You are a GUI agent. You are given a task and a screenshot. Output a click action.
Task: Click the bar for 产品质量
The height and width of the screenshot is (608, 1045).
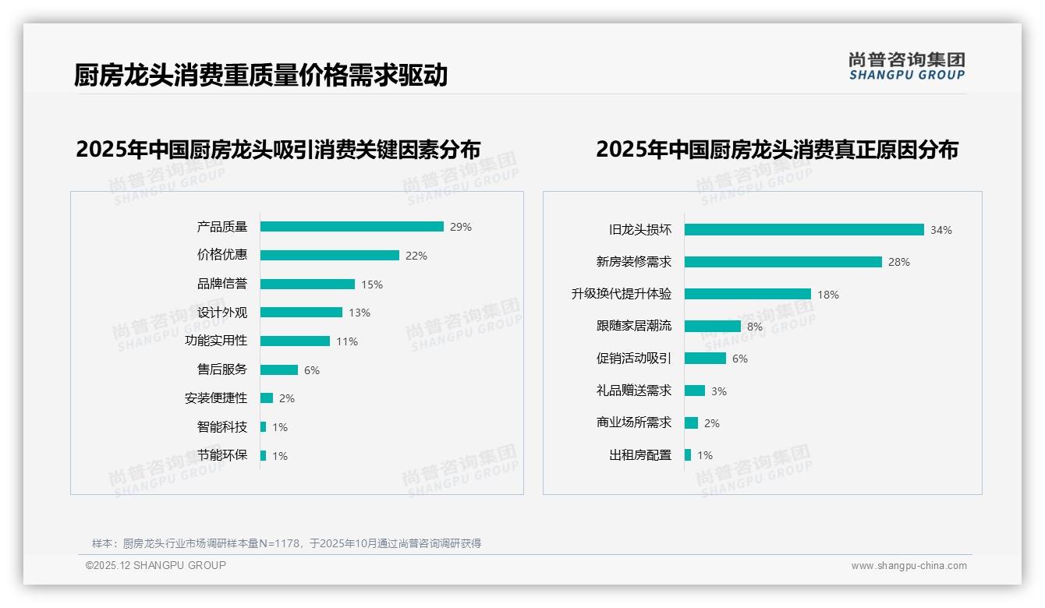tap(352, 227)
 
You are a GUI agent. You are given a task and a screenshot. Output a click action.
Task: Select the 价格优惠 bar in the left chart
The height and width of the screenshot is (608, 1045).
tap(329, 256)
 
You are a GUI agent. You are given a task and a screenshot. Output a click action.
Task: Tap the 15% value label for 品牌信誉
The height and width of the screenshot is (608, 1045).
tap(372, 285)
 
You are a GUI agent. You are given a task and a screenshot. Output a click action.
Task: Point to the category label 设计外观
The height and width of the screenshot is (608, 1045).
tap(221, 313)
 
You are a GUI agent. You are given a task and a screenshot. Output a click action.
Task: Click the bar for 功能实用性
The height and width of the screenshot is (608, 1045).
tap(295, 341)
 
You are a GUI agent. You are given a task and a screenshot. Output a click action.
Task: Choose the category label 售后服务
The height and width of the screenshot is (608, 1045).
tap(221, 369)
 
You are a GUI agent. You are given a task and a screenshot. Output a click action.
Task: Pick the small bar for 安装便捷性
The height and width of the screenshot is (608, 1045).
tap(267, 398)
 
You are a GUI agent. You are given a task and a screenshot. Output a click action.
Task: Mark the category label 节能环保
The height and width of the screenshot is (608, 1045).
tap(221, 455)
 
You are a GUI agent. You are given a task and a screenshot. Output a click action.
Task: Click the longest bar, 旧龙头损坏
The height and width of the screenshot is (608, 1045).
tap(804, 230)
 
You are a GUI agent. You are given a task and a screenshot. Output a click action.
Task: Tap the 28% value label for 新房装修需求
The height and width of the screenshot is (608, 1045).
tap(899, 263)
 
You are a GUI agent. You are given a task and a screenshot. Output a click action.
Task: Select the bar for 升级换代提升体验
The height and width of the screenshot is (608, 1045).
tap(748, 295)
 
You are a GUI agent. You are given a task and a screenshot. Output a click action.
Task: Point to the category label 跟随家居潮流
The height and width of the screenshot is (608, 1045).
tap(633, 327)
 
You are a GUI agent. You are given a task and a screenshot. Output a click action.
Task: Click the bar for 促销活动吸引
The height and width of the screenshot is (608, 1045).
tap(705, 359)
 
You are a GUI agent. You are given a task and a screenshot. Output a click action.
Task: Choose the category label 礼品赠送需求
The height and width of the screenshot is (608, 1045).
tap(633, 391)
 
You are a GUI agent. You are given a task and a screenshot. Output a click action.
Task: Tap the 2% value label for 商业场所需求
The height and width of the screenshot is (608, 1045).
tap(712, 423)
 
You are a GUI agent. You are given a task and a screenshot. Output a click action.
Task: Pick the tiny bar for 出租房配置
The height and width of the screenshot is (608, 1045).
tap(688, 455)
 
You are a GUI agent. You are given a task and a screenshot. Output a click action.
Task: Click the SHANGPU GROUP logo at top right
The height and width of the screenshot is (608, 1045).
tap(906, 66)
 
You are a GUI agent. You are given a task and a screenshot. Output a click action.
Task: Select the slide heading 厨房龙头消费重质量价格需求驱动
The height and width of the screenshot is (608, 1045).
tap(260, 76)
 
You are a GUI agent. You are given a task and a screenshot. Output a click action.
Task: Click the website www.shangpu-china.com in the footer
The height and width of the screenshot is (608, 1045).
tap(909, 566)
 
